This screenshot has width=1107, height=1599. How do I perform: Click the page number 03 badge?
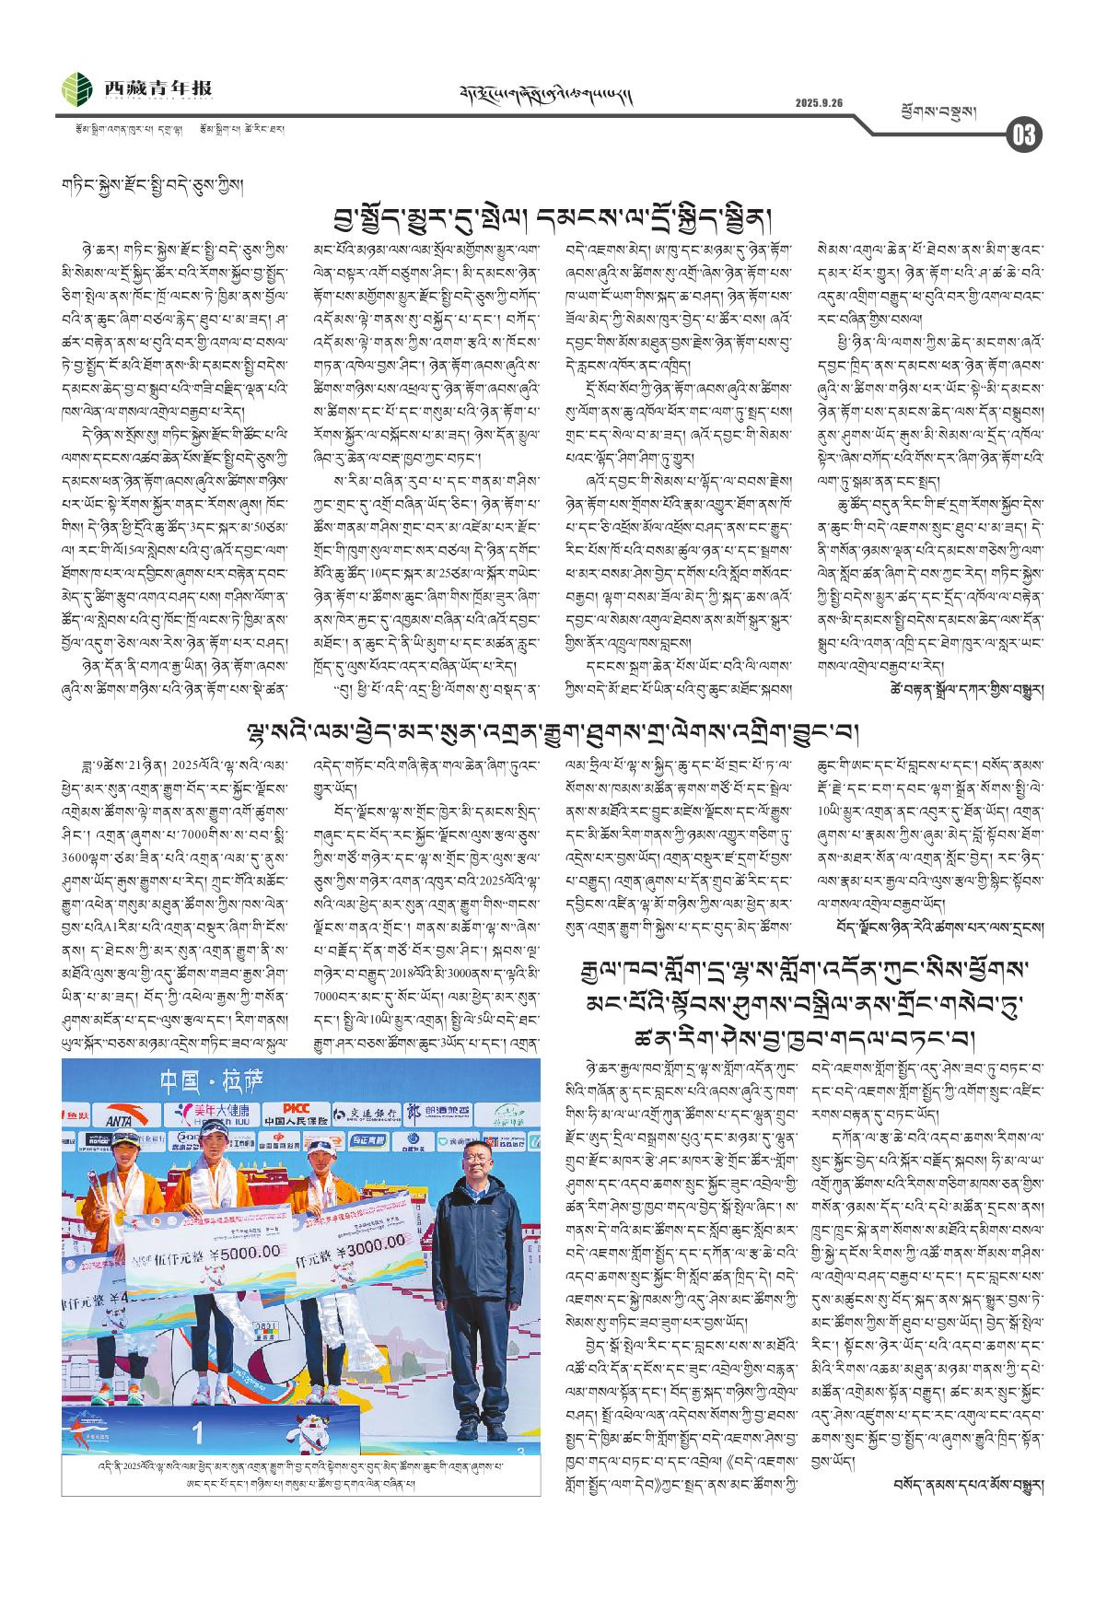tap(1023, 134)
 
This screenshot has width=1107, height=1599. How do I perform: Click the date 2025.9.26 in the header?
tap(820, 102)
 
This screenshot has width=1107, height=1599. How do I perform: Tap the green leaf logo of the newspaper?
tap(77, 89)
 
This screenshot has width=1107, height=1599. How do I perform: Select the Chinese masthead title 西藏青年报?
tap(157, 88)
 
